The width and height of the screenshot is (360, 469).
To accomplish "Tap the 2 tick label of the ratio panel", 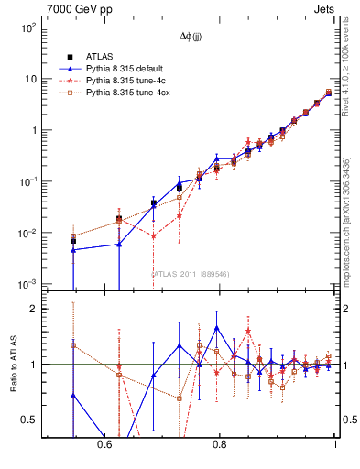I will click(35, 310).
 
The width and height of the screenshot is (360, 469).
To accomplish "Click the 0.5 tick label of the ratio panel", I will click(32, 420).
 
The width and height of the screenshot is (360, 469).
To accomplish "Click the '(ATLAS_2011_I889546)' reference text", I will click(191, 274).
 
